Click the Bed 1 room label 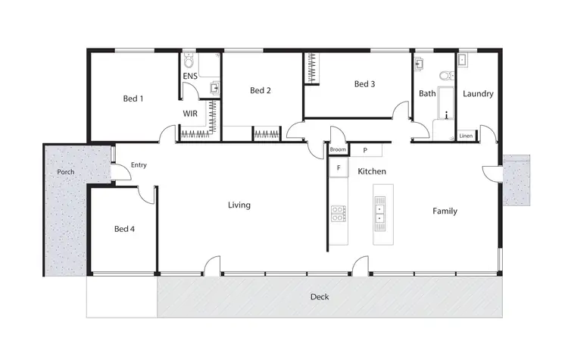click(133, 98)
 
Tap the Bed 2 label click(260, 91)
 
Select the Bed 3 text click(364, 84)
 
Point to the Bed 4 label click(124, 228)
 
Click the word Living click(239, 205)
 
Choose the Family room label click(445, 211)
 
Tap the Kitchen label click(373, 171)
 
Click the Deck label click(320, 296)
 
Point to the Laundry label click(478, 94)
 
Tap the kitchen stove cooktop click(337, 214)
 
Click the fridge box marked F click(338, 167)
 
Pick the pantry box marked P click(364, 150)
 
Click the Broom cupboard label click(338, 150)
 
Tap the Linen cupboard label click(467, 136)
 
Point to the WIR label click(190, 114)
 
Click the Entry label click(139, 164)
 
